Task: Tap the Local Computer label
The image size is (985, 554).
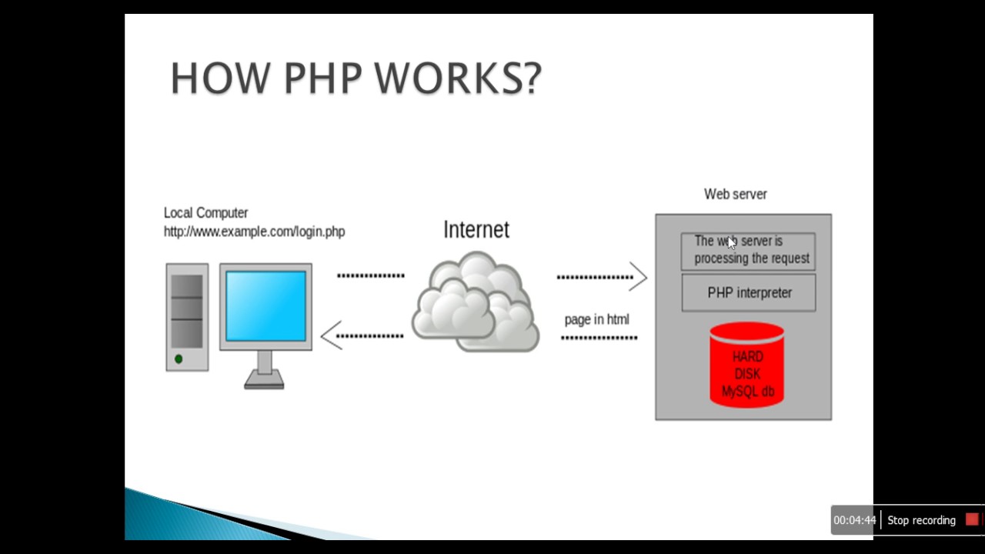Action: [205, 213]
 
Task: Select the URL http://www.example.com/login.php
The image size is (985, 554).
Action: [254, 232]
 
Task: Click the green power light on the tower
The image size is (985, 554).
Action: [179, 359]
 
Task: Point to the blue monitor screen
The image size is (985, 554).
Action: [265, 305]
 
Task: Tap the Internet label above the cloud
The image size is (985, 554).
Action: [476, 229]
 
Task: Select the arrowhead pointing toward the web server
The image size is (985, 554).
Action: [638, 277]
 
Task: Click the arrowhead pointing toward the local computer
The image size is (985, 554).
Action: [331, 335]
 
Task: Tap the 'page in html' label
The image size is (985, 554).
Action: [596, 319]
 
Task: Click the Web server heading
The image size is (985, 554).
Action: [735, 195]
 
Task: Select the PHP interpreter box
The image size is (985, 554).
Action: [749, 293]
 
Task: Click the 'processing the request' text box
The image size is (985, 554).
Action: [748, 251]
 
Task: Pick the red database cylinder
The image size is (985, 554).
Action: [746, 365]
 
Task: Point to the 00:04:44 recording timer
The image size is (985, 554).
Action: [854, 520]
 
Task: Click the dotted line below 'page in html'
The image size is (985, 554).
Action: [599, 338]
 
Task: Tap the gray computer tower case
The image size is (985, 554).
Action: [187, 317]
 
